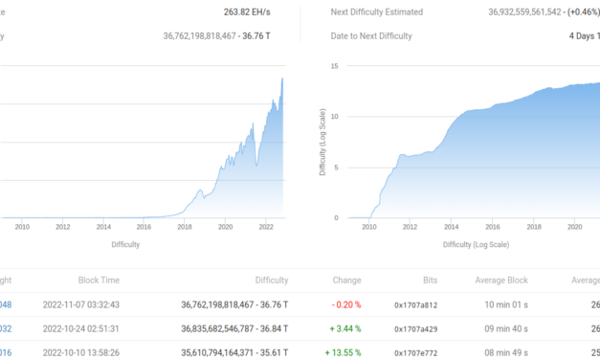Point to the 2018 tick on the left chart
[x=184, y=227]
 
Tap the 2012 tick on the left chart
[x=62, y=227]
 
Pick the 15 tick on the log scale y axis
[x=335, y=66]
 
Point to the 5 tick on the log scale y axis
[x=337, y=168]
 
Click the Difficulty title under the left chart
[x=125, y=244]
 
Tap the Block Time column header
[x=99, y=281]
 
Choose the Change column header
[x=345, y=281]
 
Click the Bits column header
[x=429, y=281]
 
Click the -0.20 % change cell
[x=344, y=305]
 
